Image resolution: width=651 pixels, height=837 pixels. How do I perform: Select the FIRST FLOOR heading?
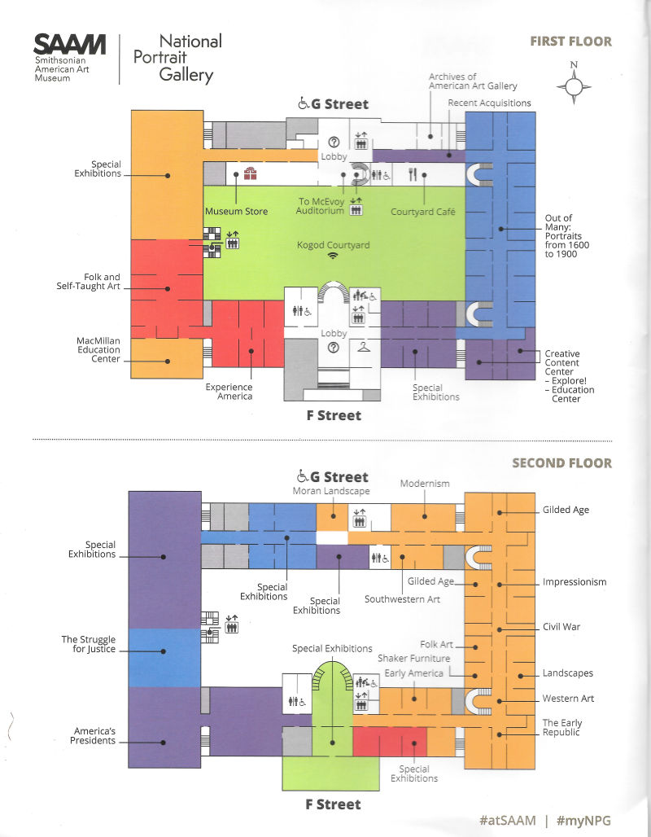(x=570, y=41)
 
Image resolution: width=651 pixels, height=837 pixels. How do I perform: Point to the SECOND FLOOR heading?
(x=561, y=463)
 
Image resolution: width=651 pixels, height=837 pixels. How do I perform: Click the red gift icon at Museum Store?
(x=250, y=173)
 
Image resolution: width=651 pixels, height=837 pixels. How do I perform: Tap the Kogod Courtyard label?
(x=334, y=244)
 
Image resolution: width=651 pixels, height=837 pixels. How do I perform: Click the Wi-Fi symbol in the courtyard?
(x=333, y=256)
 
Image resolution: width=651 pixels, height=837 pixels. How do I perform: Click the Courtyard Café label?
(x=422, y=212)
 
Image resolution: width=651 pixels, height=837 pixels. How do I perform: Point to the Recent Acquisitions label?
(x=489, y=103)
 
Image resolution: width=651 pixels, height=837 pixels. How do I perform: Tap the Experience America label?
(x=229, y=392)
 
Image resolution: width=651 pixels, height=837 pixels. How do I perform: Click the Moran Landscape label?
(x=331, y=491)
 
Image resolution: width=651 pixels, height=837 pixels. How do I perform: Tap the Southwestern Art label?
(x=401, y=600)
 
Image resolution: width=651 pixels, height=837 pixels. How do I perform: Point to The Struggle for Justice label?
(x=89, y=644)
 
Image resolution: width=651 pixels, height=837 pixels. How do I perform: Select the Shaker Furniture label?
(x=413, y=658)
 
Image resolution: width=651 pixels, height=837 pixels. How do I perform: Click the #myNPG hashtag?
(x=584, y=819)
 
